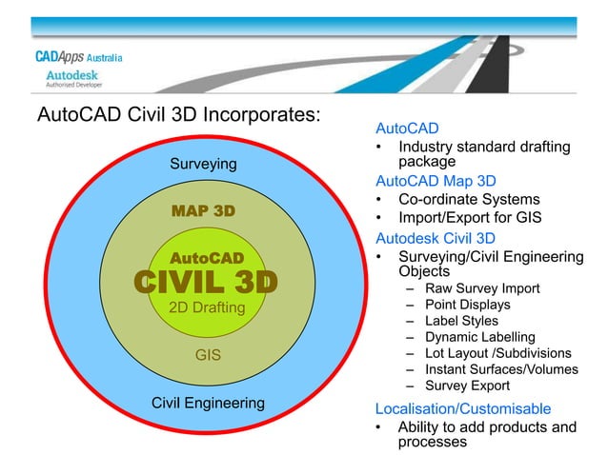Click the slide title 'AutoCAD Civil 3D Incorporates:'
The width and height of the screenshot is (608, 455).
pos(176,115)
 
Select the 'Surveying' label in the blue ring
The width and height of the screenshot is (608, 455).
pos(203,164)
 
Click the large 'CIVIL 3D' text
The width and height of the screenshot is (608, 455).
pos(205,283)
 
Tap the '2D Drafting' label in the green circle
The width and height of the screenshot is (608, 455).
pos(206,308)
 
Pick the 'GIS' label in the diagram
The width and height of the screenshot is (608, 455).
pos(208,356)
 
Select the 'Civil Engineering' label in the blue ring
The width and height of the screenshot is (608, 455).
pos(208,403)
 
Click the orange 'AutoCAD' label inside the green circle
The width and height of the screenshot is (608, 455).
pos(207,258)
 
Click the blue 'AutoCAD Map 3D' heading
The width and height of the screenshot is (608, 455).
pos(436,181)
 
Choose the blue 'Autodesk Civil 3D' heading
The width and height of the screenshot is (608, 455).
pos(436,237)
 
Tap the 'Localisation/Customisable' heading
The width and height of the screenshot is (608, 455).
pos(463,408)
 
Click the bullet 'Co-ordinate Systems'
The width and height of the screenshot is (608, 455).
pos(469,200)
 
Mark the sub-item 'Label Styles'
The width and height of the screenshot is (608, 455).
pos(465,321)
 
